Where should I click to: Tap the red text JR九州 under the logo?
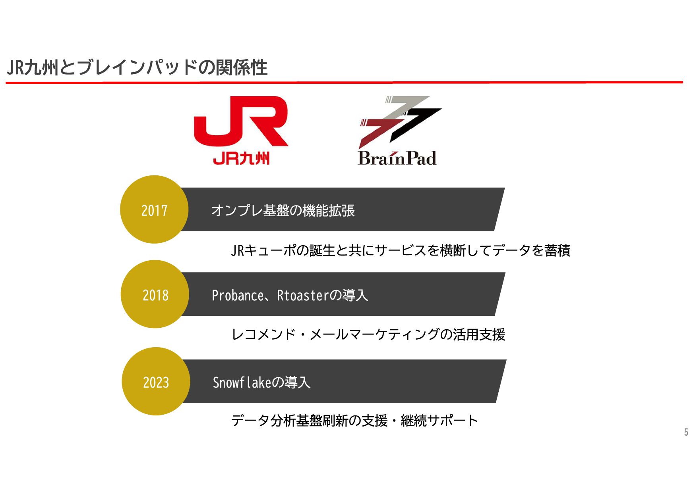pos(241,159)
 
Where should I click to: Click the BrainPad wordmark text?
pos(397,158)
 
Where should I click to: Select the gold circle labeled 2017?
pos(154,209)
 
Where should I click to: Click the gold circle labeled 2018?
pos(155,294)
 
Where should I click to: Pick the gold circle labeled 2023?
pos(156,382)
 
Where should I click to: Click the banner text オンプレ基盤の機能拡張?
pos(283,210)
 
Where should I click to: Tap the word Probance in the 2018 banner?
pos(237,296)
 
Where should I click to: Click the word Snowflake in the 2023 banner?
pos(242,382)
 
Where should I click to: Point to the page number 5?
pos(686,432)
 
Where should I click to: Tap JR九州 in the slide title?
pos(33,67)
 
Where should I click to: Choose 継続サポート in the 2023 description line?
pos(439,421)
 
